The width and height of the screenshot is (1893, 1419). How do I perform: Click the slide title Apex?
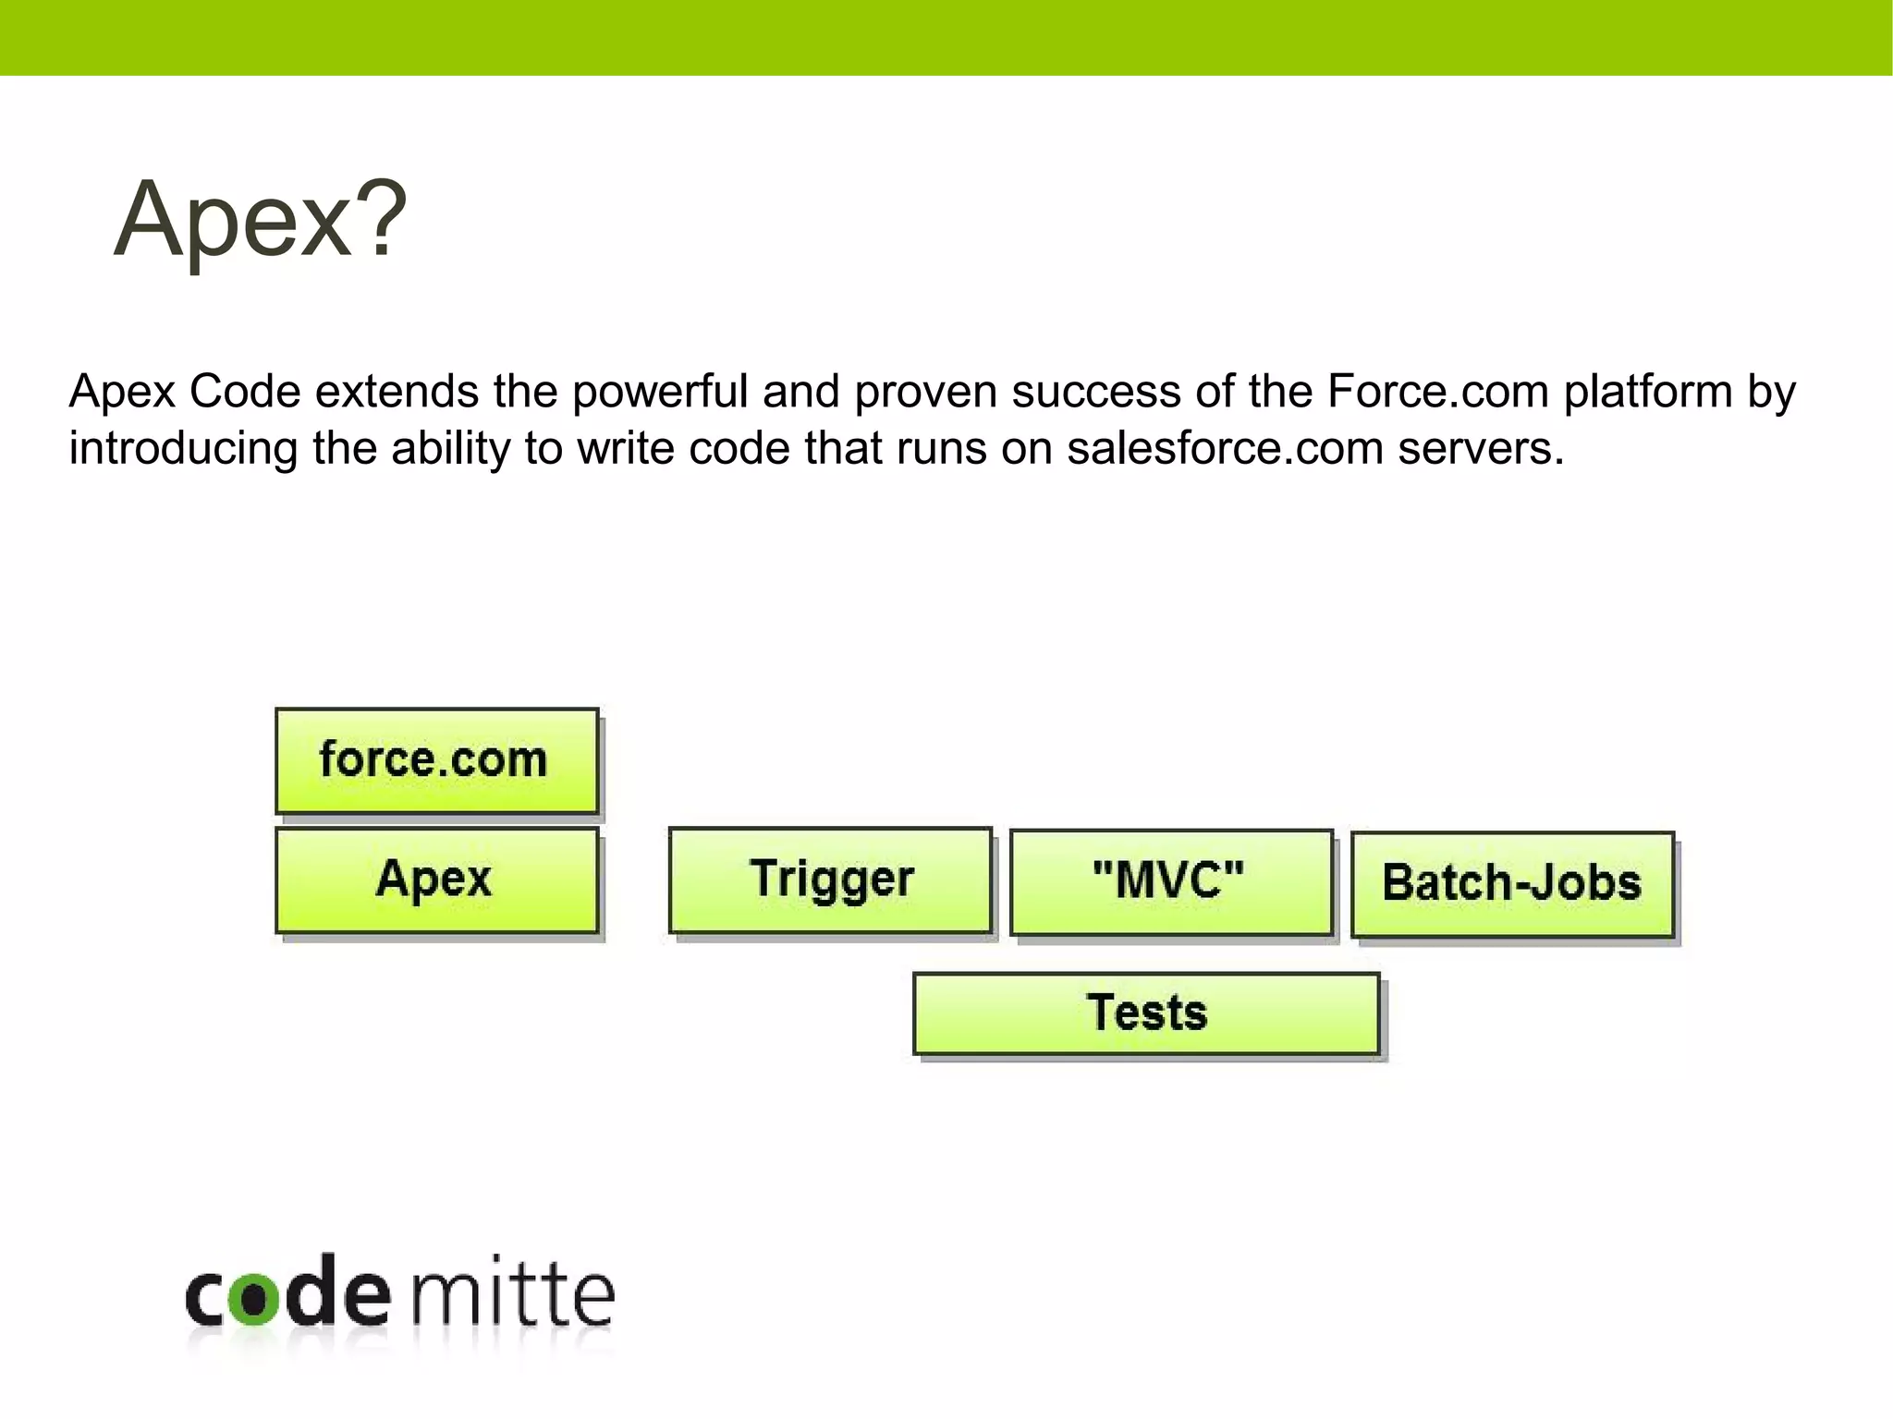click(x=260, y=220)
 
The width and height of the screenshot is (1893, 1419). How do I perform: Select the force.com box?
click(x=436, y=760)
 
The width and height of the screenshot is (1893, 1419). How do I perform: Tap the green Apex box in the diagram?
click(x=436, y=879)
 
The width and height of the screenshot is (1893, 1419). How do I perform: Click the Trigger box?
click(x=830, y=879)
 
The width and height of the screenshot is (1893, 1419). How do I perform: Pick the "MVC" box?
click(x=1170, y=881)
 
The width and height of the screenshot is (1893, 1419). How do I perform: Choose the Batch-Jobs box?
click(x=1512, y=884)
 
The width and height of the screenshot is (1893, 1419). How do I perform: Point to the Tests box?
click(x=1146, y=1013)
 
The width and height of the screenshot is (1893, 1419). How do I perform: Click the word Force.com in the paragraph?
click(x=1437, y=392)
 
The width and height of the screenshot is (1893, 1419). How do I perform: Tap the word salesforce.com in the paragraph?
click(x=1225, y=449)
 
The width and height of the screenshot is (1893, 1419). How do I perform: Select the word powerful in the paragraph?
click(x=659, y=392)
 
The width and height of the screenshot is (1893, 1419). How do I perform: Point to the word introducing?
click(x=182, y=449)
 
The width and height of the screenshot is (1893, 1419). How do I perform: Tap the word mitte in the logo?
click(x=512, y=1293)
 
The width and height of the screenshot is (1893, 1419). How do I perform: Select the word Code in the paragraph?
click(x=245, y=392)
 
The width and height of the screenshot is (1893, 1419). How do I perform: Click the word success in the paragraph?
click(x=1095, y=392)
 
